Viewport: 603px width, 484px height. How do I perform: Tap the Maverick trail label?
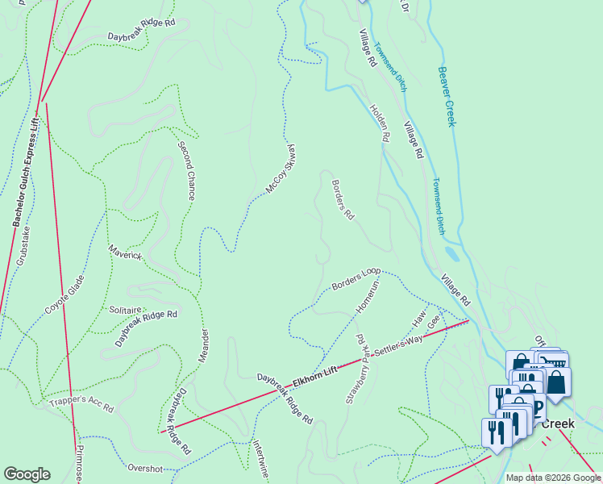[x=125, y=256]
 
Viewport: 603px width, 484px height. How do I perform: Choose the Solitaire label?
[x=126, y=310]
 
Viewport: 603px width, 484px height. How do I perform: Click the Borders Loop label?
[x=356, y=280]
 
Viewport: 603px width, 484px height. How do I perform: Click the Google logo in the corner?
[x=27, y=474]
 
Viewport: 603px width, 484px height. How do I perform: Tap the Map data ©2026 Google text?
[x=554, y=478]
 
